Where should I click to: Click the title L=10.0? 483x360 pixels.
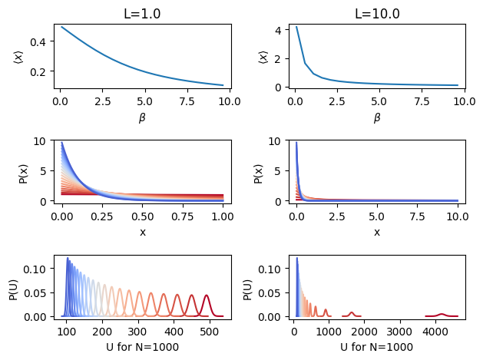pyautogui.click(x=376, y=13)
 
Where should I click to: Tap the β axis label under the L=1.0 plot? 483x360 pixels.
pyautogui.click(x=142, y=117)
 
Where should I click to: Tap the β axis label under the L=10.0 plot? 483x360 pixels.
pyautogui.click(x=376, y=117)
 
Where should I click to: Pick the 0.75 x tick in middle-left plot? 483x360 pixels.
pyautogui.click(x=189, y=216)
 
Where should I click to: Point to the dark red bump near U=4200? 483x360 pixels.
pyautogui.click(x=442, y=314)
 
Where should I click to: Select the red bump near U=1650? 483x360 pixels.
pyautogui.click(x=352, y=312)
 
